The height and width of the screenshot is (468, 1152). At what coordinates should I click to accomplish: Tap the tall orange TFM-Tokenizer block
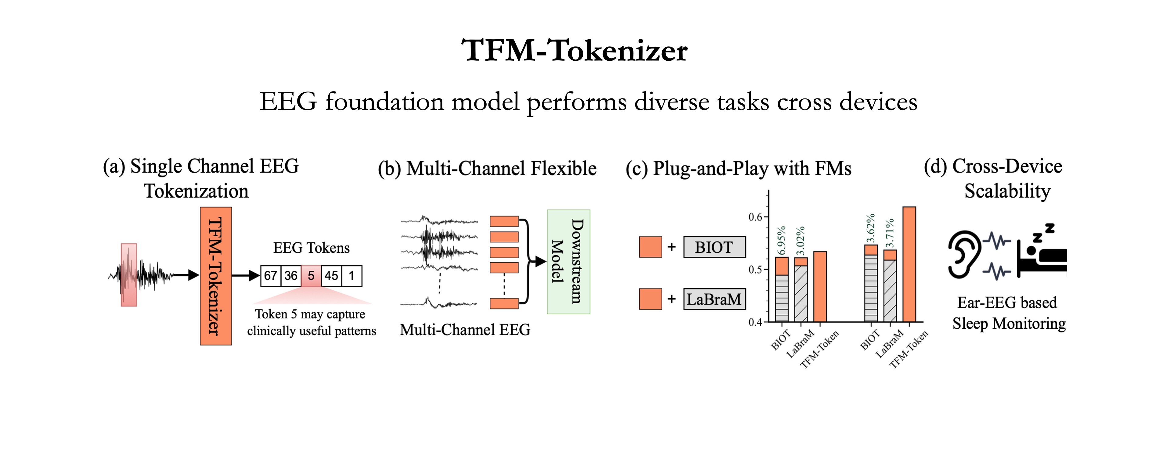point(216,276)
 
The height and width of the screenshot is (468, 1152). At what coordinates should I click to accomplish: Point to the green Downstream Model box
point(568,262)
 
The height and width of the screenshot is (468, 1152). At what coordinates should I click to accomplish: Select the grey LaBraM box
point(714,299)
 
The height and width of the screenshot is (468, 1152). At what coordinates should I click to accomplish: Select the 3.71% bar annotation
point(890,232)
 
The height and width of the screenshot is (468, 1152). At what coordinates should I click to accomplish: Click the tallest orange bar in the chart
point(909,264)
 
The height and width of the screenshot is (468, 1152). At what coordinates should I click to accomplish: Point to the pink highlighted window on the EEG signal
point(129,275)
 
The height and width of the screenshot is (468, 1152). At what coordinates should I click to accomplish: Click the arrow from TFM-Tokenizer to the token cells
point(246,275)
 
